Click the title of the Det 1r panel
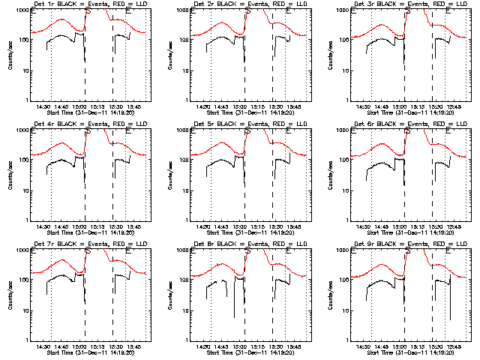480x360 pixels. tap(90, 6)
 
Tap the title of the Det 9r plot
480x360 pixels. tap(409, 244)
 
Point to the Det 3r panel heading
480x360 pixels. tap(409, 6)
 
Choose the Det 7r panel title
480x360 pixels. tap(90, 244)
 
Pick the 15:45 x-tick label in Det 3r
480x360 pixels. tap(454, 106)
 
